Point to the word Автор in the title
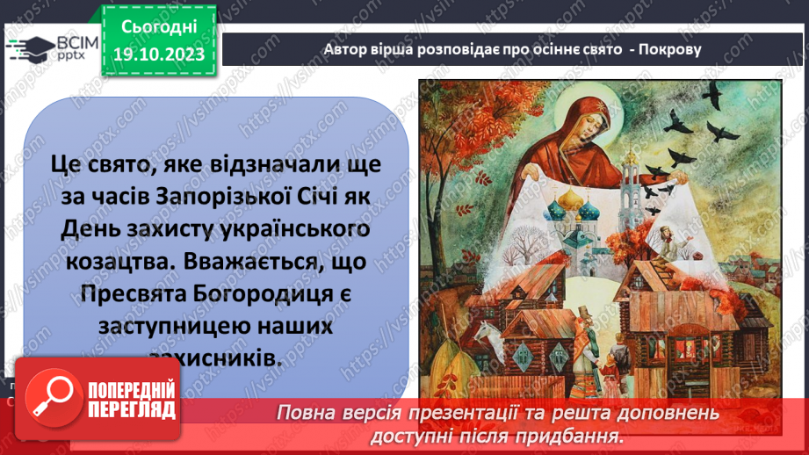coord(345,49)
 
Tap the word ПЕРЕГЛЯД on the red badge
coord(132,409)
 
